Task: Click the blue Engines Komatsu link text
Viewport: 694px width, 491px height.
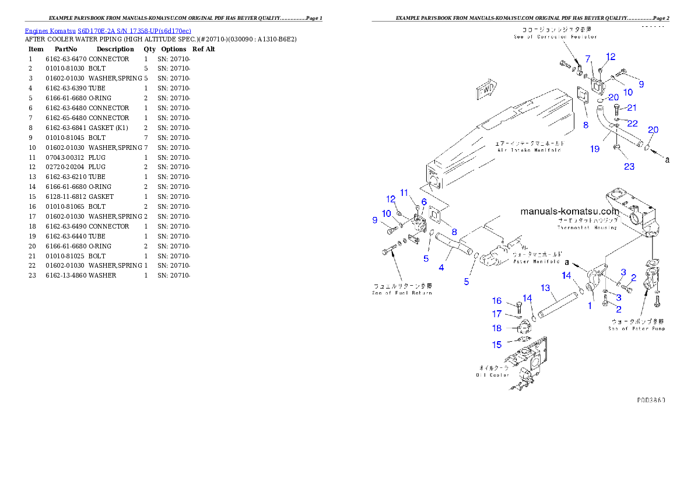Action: tap(108, 30)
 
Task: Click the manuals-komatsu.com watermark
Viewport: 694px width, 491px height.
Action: tap(569, 211)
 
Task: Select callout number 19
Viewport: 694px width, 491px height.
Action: tap(594, 149)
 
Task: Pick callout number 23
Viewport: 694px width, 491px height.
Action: tap(629, 166)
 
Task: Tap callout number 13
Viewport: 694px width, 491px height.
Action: tap(545, 287)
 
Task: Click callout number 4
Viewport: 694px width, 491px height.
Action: tap(441, 268)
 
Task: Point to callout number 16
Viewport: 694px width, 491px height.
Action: tap(496, 301)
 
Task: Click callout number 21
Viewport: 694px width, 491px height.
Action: tap(632, 107)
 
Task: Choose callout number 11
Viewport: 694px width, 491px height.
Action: tap(404, 192)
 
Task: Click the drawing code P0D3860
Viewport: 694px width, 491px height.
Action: tap(651, 401)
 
